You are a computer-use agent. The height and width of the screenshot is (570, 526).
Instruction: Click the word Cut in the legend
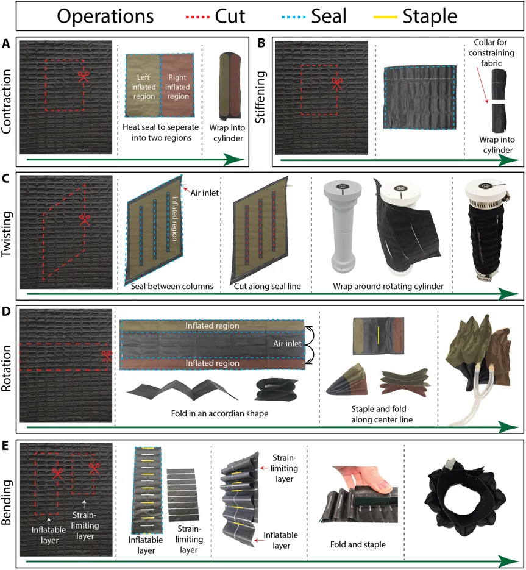coord(230,16)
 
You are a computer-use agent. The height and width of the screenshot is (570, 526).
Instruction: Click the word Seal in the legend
coord(329,16)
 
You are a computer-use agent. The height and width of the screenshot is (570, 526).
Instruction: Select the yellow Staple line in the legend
coord(385,16)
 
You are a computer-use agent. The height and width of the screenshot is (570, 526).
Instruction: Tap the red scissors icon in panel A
coord(84,77)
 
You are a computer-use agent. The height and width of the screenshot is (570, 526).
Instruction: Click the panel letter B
coord(261,43)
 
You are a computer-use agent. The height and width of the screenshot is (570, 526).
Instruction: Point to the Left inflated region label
coord(143,87)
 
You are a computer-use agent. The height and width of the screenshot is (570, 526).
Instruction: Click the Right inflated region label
coord(177,87)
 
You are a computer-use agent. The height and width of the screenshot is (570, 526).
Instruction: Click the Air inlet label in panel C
coord(205,193)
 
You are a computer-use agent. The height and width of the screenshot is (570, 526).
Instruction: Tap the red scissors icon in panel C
coord(85,220)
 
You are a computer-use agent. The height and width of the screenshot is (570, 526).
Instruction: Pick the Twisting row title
coord(7,234)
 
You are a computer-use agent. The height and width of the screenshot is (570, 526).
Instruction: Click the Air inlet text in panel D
coord(287,344)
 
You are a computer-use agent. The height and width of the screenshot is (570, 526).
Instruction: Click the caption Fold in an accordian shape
coord(219,413)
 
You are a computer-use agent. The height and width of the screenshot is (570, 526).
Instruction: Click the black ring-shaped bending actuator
coord(466,500)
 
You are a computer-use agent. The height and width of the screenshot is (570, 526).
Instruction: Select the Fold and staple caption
coord(358,544)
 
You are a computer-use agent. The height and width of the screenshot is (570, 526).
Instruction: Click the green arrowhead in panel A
coord(233,159)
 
